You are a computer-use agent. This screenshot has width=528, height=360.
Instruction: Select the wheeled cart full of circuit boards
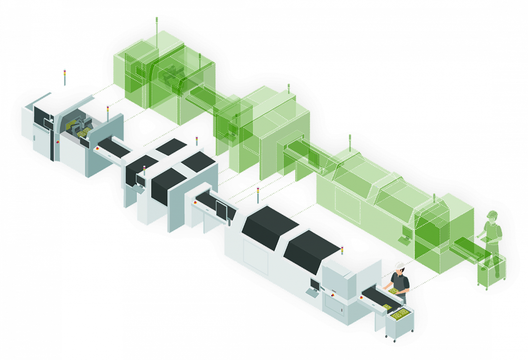pyautogui.click(x=399, y=321)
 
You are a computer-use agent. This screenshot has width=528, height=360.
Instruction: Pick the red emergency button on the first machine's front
pyautogui.click(x=57, y=142)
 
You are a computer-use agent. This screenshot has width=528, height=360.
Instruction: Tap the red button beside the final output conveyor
pyautogui.click(x=362, y=297)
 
